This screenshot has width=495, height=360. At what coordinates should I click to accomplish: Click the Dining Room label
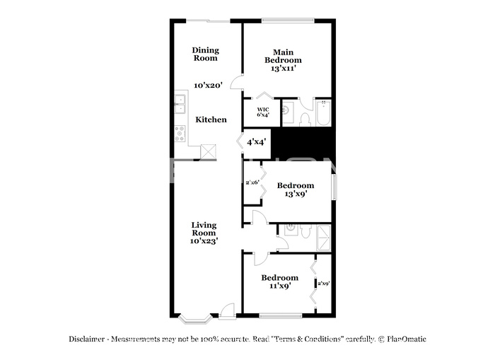click(x=206, y=54)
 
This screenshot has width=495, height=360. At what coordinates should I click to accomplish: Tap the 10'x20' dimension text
click(x=209, y=85)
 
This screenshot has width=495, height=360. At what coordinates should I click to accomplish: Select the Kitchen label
click(x=211, y=120)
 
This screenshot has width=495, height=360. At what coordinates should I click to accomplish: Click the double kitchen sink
click(x=180, y=103)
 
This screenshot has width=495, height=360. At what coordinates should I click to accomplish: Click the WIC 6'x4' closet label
click(x=262, y=112)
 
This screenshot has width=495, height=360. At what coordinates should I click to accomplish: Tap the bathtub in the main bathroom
click(x=323, y=113)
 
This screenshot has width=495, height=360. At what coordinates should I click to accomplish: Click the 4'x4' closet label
click(x=256, y=142)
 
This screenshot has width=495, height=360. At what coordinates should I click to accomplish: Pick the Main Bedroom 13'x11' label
click(x=283, y=60)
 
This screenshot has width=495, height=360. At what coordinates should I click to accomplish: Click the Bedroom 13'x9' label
click(x=295, y=190)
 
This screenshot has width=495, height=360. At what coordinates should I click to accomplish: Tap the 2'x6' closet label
click(x=252, y=182)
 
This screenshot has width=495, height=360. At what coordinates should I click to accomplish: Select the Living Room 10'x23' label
click(x=204, y=233)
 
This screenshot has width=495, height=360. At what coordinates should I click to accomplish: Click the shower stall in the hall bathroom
click(x=323, y=233)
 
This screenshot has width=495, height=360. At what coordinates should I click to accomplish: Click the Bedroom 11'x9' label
click(x=279, y=281)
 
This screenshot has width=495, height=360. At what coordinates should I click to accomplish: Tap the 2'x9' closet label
click(x=324, y=284)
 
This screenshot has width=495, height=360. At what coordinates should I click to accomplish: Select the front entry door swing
click(x=228, y=310)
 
